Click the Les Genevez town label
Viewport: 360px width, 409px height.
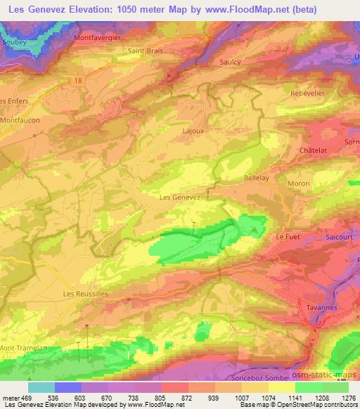point(181,197)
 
